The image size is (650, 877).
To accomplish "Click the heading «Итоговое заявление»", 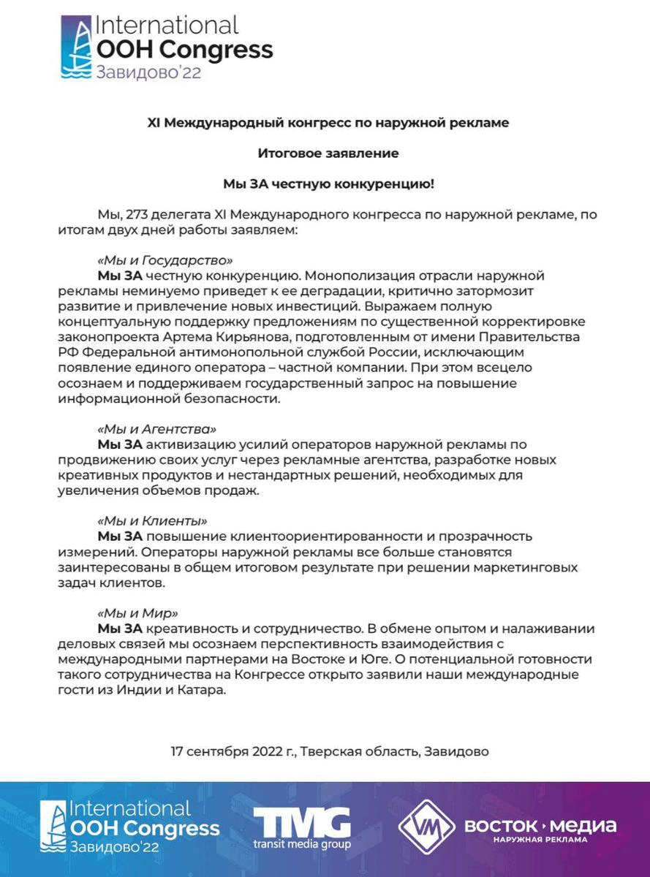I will tap(328, 153).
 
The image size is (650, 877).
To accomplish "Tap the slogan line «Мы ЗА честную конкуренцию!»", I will tap(328, 184).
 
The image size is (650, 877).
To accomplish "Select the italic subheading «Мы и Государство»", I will tap(165, 259).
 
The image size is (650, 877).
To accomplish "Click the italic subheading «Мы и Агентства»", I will tap(156, 428).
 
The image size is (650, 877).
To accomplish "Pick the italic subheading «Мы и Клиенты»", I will tap(151, 521).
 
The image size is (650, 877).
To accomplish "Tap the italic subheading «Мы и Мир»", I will tap(137, 613).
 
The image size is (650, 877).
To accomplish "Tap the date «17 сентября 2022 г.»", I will tap(233, 751).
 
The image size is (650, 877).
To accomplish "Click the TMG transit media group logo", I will tap(301, 829).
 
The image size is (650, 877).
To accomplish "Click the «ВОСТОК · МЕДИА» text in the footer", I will tap(540, 826).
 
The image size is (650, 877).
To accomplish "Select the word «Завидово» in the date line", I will tap(456, 751).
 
